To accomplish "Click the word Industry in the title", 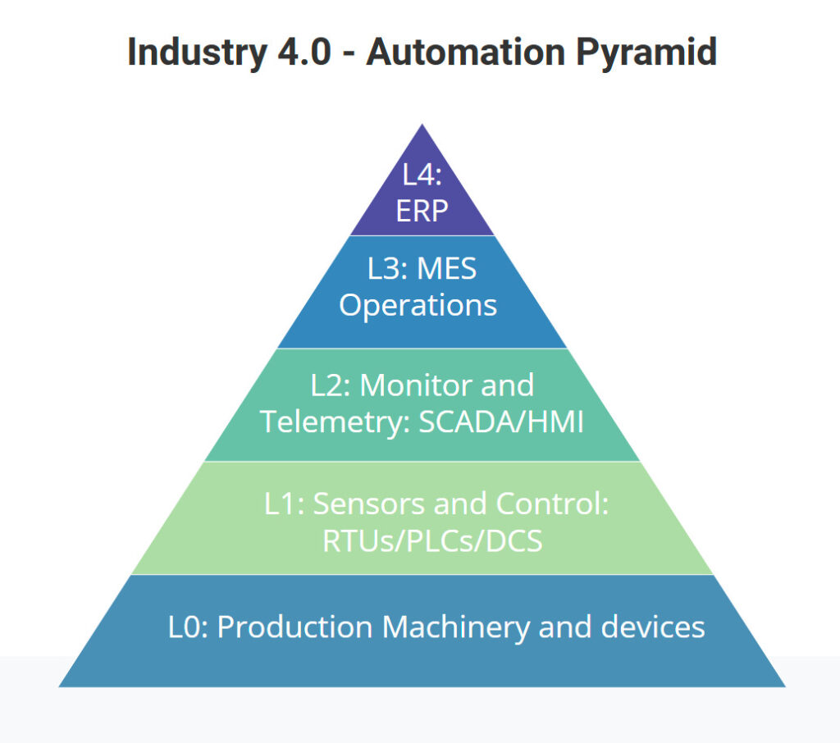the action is click(197, 53).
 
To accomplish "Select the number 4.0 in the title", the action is click(304, 52).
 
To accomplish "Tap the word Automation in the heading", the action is click(466, 52).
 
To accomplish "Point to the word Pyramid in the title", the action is click(646, 53).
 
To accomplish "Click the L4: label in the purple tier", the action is click(422, 175).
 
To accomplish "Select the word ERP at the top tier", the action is click(422, 211).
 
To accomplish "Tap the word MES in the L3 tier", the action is click(446, 268).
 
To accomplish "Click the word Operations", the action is click(418, 306).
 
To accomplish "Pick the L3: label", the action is click(386, 268).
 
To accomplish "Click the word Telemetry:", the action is click(335, 422).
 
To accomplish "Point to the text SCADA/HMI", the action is click(501, 422).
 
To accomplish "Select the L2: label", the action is click(331, 385).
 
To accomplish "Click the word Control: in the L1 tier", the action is click(552, 504).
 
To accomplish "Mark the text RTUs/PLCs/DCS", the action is click(432, 541).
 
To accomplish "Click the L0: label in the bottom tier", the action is click(188, 627).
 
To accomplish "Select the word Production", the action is click(294, 627).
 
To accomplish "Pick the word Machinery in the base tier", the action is click(456, 628).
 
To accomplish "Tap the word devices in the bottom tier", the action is click(652, 627).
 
